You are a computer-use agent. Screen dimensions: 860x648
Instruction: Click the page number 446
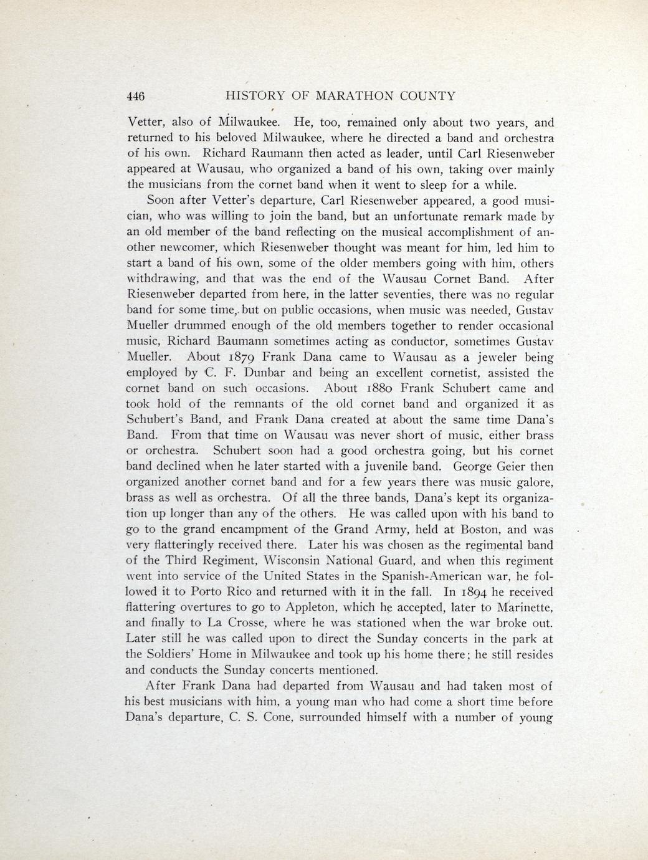pyautogui.click(x=135, y=96)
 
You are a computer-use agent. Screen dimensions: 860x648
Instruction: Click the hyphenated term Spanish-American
pyautogui.click(x=423, y=576)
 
